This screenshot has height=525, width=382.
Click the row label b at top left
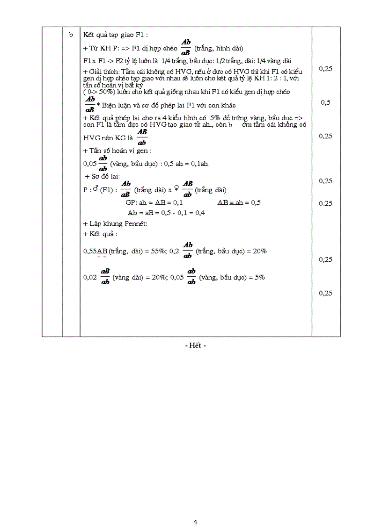(71, 35)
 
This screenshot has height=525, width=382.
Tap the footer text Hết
(195, 345)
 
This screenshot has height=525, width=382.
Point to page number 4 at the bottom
(195, 510)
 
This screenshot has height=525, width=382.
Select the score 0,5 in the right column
(325, 102)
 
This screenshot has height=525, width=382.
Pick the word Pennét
(137, 223)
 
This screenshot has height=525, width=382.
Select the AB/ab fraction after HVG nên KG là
(141, 137)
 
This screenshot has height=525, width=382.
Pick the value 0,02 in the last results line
(90, 277)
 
